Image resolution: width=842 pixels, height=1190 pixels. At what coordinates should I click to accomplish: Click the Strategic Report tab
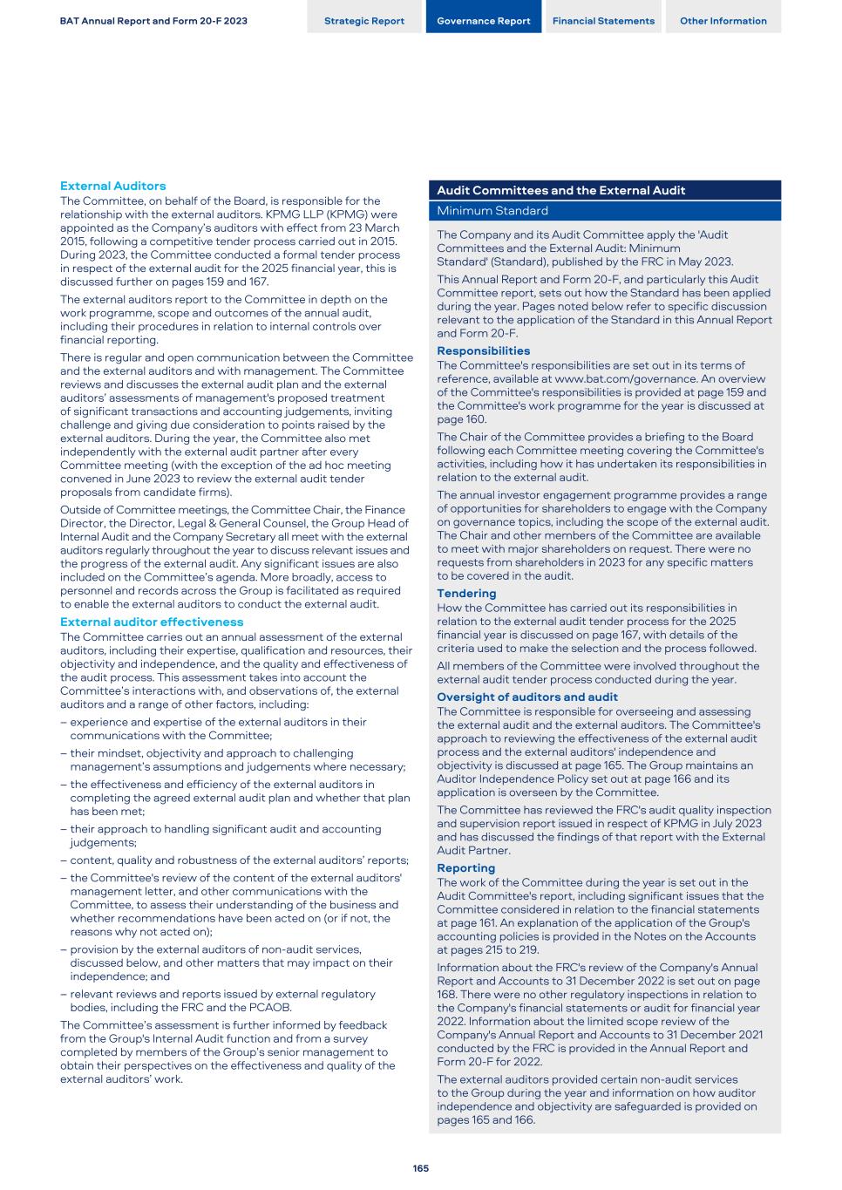(364, 21)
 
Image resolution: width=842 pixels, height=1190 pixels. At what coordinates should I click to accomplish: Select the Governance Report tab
(483, 21)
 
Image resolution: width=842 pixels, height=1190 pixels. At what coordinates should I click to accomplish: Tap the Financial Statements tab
(603, 21)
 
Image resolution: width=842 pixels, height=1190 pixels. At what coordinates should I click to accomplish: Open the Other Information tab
(723, 21)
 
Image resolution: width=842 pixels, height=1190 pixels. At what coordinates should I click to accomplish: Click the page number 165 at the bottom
(421, 1168)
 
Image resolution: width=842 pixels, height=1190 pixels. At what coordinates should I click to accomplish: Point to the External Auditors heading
(112, 186)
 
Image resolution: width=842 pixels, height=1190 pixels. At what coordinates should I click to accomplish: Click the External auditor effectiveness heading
(152, 622)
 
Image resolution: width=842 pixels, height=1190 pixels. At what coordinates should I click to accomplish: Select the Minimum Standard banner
(492, 211)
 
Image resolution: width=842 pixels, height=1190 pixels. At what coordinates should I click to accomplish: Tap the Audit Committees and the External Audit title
(560, 190)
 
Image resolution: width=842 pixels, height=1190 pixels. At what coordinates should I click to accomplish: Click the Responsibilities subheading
(483, 350)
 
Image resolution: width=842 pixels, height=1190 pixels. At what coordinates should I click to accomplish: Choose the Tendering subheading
(466, 593)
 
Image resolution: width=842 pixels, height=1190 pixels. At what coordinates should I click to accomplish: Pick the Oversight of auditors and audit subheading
(526, 697)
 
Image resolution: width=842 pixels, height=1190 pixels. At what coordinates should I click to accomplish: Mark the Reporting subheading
(465, 867)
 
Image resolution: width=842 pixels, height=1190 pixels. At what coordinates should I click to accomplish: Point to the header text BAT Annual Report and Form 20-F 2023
(153, 21)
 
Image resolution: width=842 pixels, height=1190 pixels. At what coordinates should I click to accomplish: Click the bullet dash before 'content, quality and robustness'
(64, 860)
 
